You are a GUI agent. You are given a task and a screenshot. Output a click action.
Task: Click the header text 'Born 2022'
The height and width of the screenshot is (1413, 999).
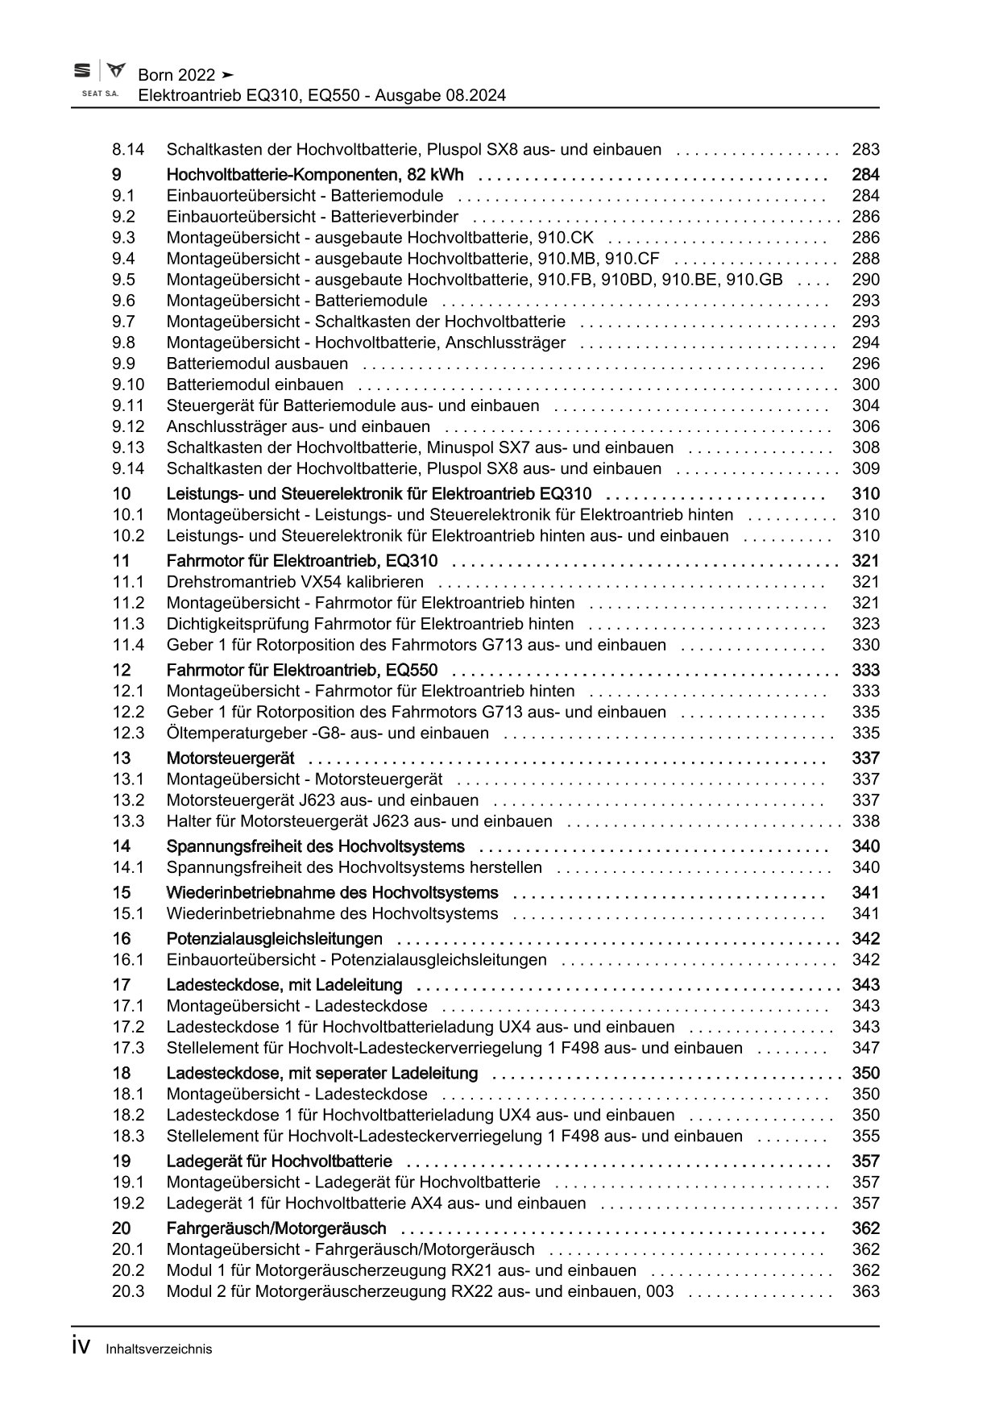pos(176,75)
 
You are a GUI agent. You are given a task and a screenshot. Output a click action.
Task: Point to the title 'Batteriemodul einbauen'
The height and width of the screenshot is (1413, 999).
pos(255,384)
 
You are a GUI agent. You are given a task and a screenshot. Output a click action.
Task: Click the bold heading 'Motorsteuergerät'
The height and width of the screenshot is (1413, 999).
pos(230,758)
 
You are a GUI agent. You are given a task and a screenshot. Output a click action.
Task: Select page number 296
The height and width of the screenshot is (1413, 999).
pos(865,364)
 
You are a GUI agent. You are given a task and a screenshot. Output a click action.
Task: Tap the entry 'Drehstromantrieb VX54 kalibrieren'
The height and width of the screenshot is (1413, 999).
pos(295,582)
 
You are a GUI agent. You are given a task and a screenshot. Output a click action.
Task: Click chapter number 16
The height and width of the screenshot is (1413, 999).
pos(122,939)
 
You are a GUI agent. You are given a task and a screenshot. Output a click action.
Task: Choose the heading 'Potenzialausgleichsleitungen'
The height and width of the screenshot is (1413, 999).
pos(275,939)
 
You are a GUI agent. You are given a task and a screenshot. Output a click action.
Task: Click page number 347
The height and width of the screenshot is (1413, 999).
pos(865,1048)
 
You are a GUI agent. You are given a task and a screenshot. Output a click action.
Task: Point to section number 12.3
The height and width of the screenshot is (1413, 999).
pos(128,733)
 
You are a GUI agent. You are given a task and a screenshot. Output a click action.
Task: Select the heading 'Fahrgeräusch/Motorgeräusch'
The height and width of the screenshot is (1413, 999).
pos(276,1228)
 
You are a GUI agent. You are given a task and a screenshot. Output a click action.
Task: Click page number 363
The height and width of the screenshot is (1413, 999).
pos(865,1291)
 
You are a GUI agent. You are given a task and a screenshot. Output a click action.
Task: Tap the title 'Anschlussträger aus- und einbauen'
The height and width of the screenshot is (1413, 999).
pos(298,426)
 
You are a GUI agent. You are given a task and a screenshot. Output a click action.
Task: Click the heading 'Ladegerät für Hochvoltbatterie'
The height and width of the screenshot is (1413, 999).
pos(280,1162)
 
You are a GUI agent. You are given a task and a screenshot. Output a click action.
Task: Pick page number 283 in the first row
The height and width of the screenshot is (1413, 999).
pos(865,149)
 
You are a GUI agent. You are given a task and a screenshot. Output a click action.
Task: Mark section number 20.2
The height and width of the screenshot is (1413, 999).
pos(128,1270)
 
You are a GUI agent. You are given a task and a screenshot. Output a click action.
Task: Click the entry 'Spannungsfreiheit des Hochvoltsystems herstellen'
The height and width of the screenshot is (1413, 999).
pos(354,867)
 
